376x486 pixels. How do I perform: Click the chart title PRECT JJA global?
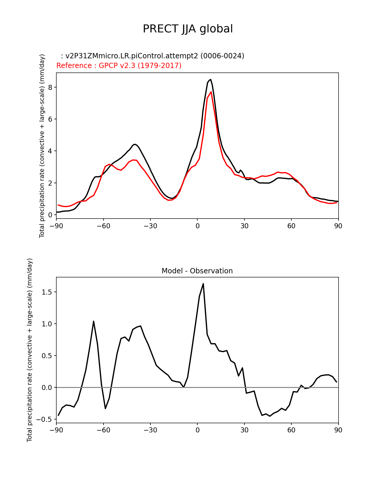pyautogui.click(x=188, y=29)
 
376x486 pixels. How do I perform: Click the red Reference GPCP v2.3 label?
pyautogui.click(x=119, y=65)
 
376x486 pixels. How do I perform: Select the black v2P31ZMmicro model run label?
pyautogui.click(x=152, y=56)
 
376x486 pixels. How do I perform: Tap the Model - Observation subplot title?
pyautogui.click(x=197, y=271)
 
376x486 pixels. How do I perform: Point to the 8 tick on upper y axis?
pyautogui.click(x=50, y=87)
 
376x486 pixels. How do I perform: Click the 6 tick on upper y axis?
pyautogui.click(x=50, y=119)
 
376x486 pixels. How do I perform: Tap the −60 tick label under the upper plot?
pyautogui.click(x=103, y=226)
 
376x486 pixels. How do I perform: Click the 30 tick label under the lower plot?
pyautogui.click(x=244, y=430)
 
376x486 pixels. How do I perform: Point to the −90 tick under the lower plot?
pyautogui.click(x=56, y=430)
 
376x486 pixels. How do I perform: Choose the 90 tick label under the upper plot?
pyautogui.click(x=338, y=226)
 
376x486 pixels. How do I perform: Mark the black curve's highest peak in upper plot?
pyautogui.click(x=210, y=80)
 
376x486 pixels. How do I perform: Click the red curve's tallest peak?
pyautogui.click(x=211, y=92)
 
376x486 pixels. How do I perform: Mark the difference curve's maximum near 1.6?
pyautogui.click(x=203, y=284)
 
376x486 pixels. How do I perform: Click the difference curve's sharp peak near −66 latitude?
pyautogui.click(x=93, y=321)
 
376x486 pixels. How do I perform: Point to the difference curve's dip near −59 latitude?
pyautogui.click(x=105, y=409)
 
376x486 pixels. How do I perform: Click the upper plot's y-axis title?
pyautogui.click(x=42, y=146)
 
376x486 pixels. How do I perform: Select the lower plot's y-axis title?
pyautogui.click(x=29, y=350)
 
